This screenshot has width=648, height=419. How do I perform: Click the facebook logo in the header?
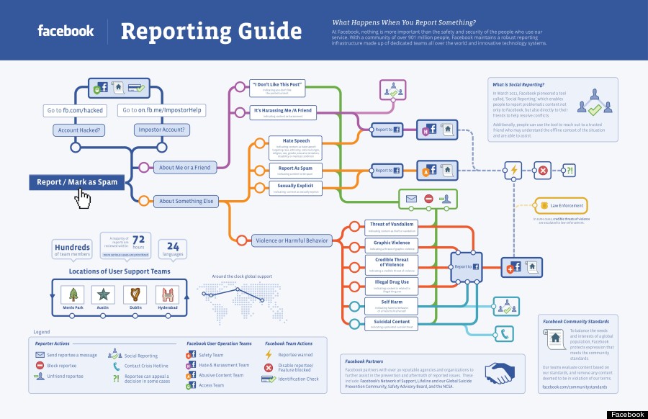point(66,31)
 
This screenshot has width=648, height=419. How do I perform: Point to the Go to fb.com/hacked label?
point(75,110)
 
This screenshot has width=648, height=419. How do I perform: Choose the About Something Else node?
point(186,201)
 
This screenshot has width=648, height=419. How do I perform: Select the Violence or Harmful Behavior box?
point(292,240)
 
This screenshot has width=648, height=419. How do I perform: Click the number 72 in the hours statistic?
point(139,240)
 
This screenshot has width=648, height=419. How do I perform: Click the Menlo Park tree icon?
point(73,294)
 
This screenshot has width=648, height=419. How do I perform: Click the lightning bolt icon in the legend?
point(269,355)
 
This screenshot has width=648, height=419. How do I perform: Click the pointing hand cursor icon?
point(84,198)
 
